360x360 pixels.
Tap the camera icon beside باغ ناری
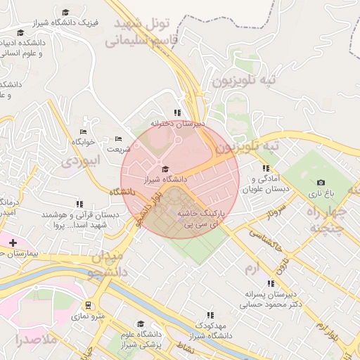pyautogui.click(x=321, y=183)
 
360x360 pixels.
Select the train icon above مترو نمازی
pyautogui.click(x=88, y=306)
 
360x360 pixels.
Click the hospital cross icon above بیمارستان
pyautogui.click(x=13, y=243)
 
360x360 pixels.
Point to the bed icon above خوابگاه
pyautogui.click(x=83, y=131)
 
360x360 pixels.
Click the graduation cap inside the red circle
pyautogui.click(x=165, y=169)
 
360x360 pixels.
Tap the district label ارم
pyautogui.click(x=252, y=269)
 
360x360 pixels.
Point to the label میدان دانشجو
pyautogui.click(x=106, y=263)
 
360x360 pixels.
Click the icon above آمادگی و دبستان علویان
pyautogui.click(x=266, y=169)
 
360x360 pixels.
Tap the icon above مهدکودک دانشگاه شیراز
pyautogui.click(x=209, y=316)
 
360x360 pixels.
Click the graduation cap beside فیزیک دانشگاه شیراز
pyautogui.click(x=65, y=13)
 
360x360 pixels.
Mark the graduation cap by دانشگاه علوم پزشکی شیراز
pyautogui.click(x=141, y=324)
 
